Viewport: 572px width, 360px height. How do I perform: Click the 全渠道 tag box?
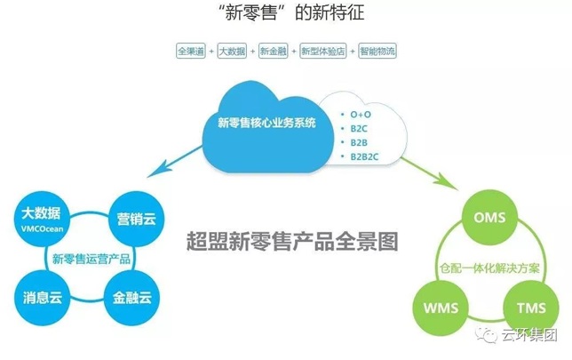coord(191,51)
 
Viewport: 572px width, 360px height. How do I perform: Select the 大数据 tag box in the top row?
coord(232,51)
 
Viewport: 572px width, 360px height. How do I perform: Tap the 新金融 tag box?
coord(274,51)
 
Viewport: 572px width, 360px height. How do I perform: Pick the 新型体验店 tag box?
coord(323,51)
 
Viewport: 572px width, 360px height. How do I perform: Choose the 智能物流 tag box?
coord(377,51)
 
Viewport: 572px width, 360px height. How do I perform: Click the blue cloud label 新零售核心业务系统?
coord(266,123)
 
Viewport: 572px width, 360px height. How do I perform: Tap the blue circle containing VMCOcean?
coord(42,219)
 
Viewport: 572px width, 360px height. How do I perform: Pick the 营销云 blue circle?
coord(137,219)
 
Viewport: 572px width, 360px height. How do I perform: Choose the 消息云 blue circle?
coord(43,298)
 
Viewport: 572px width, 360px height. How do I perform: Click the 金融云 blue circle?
coord(132,298)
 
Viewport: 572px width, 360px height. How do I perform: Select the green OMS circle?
coord(489,218)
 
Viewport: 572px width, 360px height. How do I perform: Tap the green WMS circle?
coord(441,308)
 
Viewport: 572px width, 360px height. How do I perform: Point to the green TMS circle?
coord(531,308)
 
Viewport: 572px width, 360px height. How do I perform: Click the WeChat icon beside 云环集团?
coord(486,335)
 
